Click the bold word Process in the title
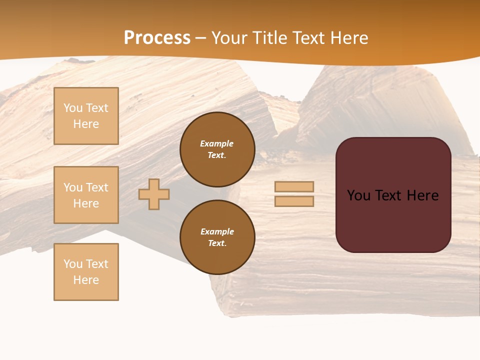[157, 38]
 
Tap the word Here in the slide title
[349, 38]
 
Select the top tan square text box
[86, 116]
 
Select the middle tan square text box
[86, 195]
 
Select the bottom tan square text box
[86, 272]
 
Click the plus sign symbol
[154, 194]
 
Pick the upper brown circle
[217, 149]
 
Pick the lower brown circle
[217, 237]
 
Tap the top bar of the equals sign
[294, 186]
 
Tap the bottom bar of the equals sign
[294, 201]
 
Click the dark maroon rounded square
[393, 220]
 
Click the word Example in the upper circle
[217, 143]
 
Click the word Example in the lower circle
[217, 231]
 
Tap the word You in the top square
[73, 108]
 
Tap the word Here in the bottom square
[86, 280]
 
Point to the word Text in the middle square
[97, 187]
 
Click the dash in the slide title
[200, 38]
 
